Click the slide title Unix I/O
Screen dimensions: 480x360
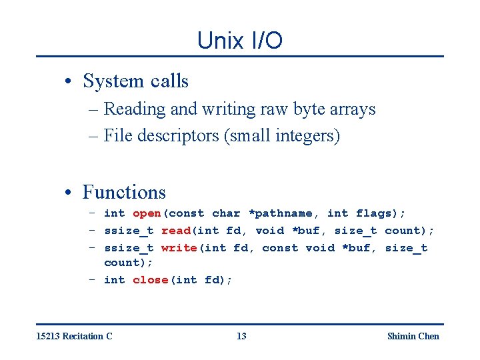pos(239,41)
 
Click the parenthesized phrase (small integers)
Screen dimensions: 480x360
pos(282,136)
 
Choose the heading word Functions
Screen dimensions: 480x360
pos(124,192)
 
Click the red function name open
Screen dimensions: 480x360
pos(147,213)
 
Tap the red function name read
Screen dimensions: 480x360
pos(176,231)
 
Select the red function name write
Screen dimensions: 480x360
pos(179,248)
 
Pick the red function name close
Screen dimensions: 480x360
pos(150,280)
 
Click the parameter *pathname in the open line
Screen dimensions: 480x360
pos(280,213)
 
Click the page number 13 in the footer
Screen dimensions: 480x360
pos(241,336)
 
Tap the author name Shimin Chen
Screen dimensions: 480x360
pos(413,336)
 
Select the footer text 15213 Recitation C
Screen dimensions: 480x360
pos(74,336)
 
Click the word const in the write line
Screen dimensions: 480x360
pos(280,248)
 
